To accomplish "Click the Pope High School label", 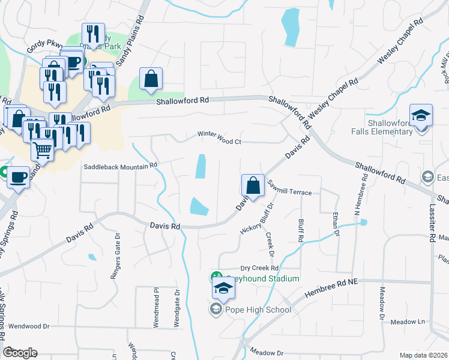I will (x=258, y=310).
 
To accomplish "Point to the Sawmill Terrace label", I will (x=290, y=192).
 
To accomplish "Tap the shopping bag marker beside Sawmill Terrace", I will (x=253, y=185).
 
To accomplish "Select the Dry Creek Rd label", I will (x=259, y=268).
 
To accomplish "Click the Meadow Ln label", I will (x=408, y=322).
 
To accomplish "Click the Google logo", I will (x=20, y=352).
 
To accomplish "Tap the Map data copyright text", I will (x=423, y=355).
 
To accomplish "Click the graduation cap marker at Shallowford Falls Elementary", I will (x=421, y=115).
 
